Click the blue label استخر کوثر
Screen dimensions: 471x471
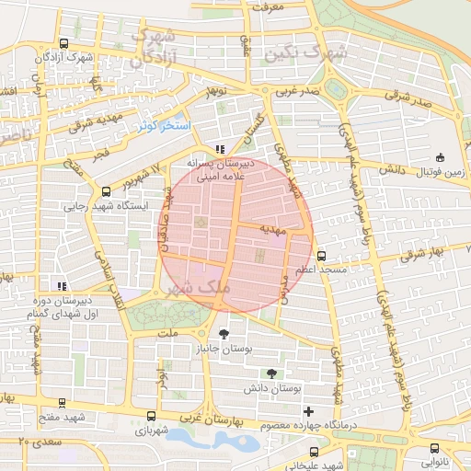(x=162, y=124)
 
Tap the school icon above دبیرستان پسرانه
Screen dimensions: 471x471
(x=219, y=148)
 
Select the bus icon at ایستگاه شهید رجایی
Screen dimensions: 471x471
(x=106, y=192)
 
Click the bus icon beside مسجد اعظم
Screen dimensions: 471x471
(x=321, y=256)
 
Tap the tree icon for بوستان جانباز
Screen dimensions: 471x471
(x=224, y=333)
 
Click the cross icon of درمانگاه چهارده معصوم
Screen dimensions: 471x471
(x=308, y=410)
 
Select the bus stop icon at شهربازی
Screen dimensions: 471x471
(x=153, y=417)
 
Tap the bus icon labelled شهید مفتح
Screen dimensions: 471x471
(x=62, y=403)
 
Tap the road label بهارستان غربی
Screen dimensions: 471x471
(x=210, y=419)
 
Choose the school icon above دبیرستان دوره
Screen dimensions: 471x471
(x=62, y=286)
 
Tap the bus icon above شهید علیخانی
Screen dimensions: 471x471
(x=315, y=452)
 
